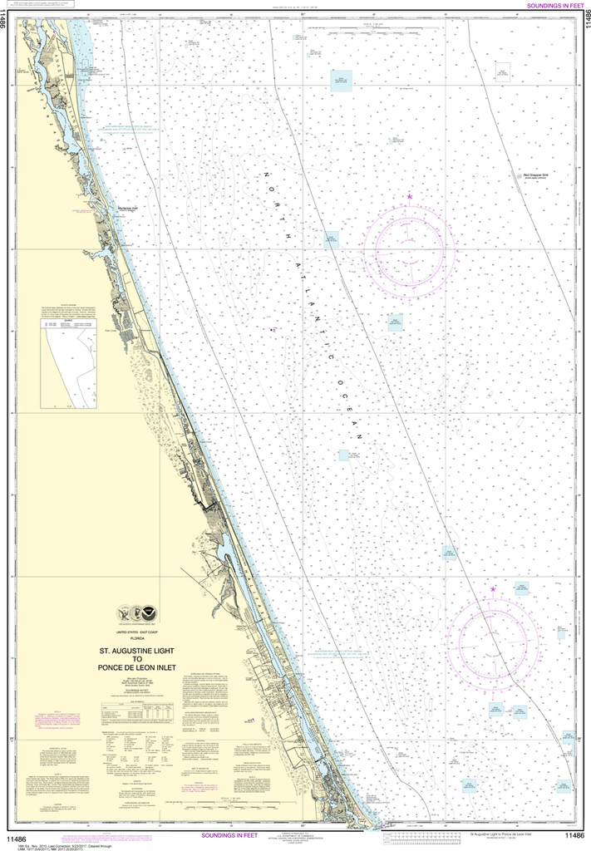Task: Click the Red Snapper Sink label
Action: [524, 175]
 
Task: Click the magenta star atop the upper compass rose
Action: [410, 196]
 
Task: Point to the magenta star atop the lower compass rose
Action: [493, 589]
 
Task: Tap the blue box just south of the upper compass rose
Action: [396, 321]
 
